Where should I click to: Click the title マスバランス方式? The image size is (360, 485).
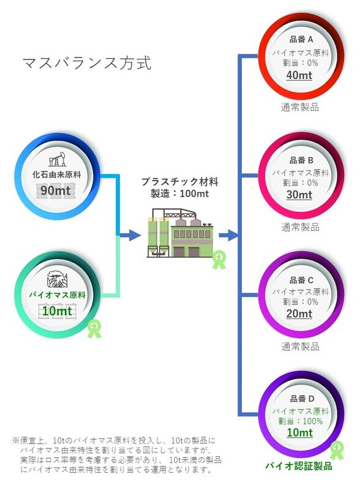point(87,63)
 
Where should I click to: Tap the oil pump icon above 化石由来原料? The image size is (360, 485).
point(58,159)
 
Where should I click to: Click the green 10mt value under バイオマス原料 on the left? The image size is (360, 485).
point(57,310)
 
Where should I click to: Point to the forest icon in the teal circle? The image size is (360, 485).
point(57,279)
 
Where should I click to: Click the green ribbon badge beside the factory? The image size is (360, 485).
point(219,259)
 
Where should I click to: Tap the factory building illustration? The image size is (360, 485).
point(179,233)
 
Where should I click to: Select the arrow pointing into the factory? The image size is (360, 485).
point(130,236)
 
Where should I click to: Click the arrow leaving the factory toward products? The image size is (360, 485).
point(228,236)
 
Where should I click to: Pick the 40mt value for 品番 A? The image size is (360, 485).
point(299,75)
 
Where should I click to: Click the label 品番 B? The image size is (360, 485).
point(301,160)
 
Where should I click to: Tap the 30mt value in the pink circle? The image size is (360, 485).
point(299,195)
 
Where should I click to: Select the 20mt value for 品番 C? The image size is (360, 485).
point(299,314)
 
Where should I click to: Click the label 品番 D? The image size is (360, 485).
point(302,399)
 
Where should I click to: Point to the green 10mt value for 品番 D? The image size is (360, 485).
point(299,432)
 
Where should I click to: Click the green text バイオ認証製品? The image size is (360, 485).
point(299,466)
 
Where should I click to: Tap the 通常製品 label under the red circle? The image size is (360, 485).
point(299,107)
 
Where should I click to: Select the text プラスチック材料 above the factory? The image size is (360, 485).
point(179,181)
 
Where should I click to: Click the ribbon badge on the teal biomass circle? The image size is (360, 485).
point(94,329)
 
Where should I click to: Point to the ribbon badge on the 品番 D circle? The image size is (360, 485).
point(337,450)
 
